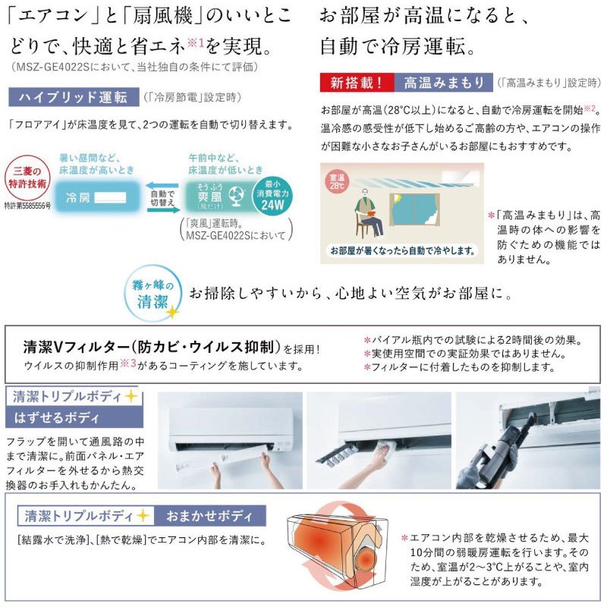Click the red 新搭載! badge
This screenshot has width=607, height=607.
[357, 83]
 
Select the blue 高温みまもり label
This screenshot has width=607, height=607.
[444, 83]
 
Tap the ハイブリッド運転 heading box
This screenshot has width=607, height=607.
[74, 97]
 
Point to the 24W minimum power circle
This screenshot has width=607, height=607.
[272, 196]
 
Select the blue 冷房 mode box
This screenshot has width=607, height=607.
[96, 197]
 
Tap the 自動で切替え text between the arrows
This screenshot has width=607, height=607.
[162, 197]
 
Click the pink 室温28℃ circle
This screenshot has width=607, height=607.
[336, 181]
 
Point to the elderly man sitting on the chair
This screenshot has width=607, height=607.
[370, 212]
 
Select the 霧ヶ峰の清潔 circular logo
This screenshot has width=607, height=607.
[153, 293]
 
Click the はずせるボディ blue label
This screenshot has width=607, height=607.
[74, 417]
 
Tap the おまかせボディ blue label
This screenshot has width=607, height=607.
[210, 516]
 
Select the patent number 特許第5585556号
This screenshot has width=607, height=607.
[27, 206]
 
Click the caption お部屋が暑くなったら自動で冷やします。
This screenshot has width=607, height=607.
[403, 250]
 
